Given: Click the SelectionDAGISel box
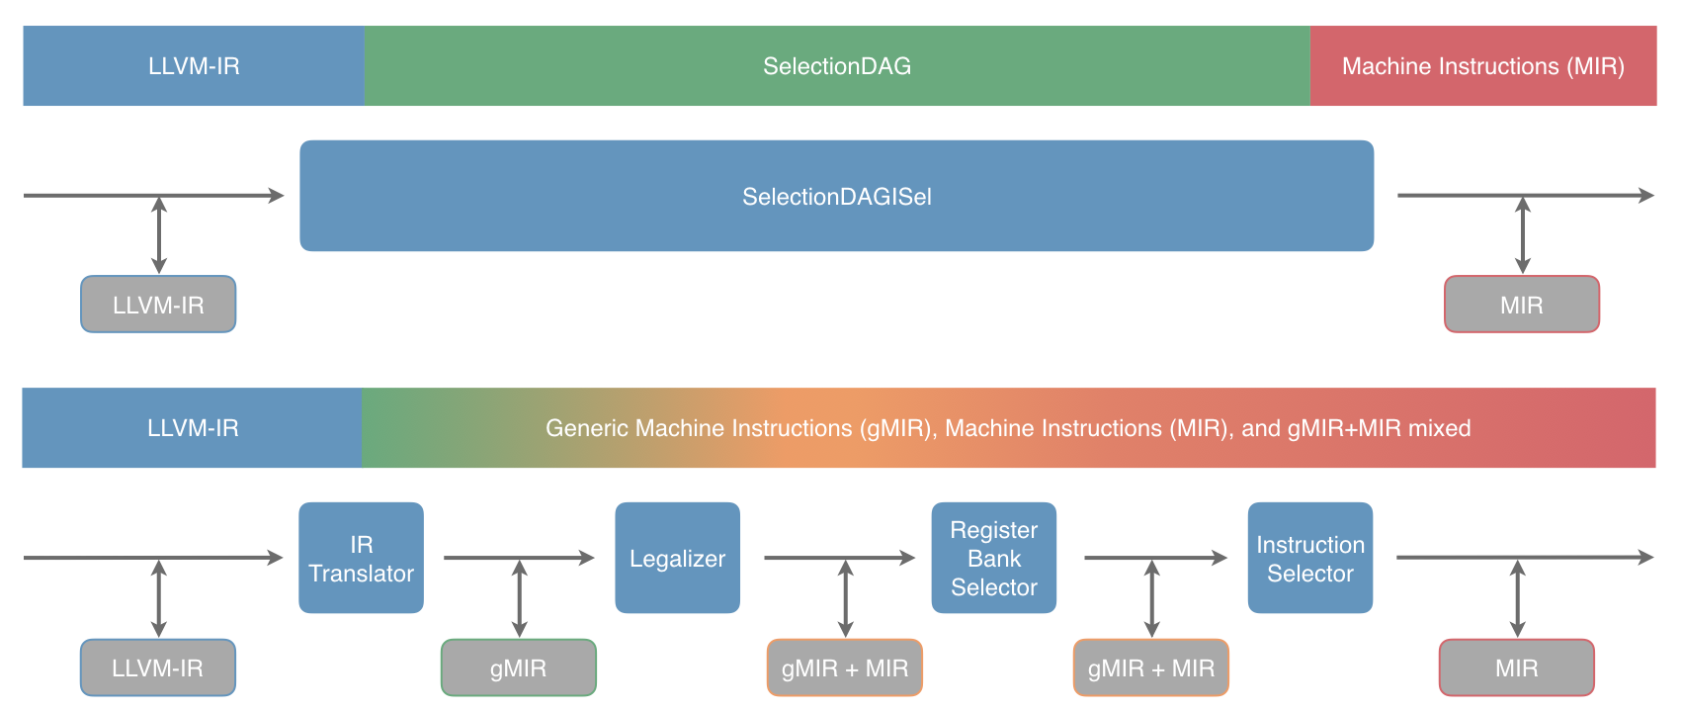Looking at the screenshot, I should click(x=836, y=196).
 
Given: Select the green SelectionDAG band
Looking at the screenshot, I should click(x=836, y=66).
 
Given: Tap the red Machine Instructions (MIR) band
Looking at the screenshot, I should click(x=1482, y=66).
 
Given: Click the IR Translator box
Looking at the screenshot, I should click(x=361, y=558).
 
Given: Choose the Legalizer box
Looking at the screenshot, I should click(x=677, y=558).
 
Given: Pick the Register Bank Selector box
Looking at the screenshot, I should click(x=993, y=558).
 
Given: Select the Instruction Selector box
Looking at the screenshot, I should click(x=1309, y=558).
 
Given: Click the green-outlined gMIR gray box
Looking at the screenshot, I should click(x=518, y=667).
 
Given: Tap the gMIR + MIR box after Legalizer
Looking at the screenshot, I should click(x=844, y=667).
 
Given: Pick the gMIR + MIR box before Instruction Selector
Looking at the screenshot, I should click(x=1150, y=667).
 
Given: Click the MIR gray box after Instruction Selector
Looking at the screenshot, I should click(x=1516, y=667).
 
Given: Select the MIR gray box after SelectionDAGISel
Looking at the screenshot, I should click(x=1521, y=305).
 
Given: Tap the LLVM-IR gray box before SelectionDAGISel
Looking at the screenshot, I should click(x=158, y=305).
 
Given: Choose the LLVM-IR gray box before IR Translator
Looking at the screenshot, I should click(x=157, y=667).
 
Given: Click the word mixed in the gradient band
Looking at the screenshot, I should click(x=1439, y=428).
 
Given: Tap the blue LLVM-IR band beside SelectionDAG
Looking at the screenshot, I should click(x=194, y=66).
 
